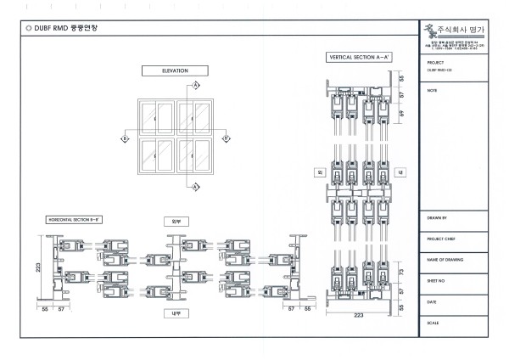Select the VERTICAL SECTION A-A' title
coord(359,58)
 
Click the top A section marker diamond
coord(195,86)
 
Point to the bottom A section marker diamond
coord(195,185)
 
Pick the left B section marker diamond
coord(125,137)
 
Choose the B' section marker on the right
coord(227,137)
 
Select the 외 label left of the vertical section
coord(318,172)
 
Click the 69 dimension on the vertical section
coord(403,113)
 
